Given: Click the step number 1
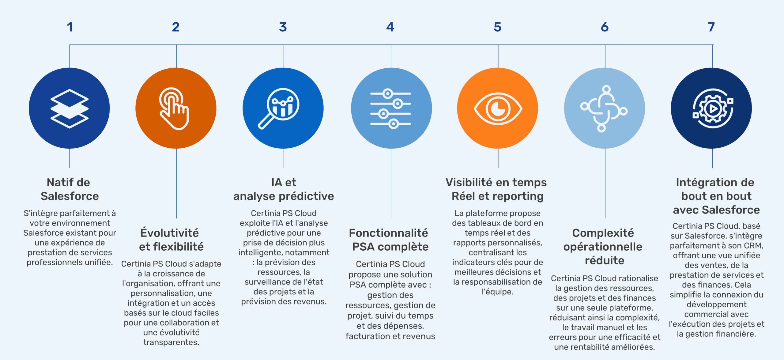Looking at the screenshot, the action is [x=70, y=27].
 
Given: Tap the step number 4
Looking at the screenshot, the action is [x=390, y=27].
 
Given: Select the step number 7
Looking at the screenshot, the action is [x=711, y=27].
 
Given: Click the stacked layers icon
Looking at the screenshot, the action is [x=70, y=108].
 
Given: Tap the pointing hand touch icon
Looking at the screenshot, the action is [x=174, y=109].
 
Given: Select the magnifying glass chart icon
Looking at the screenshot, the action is [x=279, y=108].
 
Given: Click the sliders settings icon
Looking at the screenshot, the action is [x=391, y=108].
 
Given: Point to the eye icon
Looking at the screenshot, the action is [x=498, y=108].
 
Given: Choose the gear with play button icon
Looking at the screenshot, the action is [x=713, y=108].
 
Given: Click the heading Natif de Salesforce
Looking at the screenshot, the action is [x=69, y=189].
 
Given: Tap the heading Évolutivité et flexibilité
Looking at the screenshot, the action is [x=171, y=240].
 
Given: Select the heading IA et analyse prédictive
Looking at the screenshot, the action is [x=284, y=189].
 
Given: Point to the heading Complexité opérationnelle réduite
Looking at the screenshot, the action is [x=603, y=246].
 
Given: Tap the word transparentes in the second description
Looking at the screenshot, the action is [x=171, y=342].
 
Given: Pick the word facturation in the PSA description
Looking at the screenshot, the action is [x=364, y=336].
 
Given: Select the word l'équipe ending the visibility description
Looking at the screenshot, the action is [x=497, y=292].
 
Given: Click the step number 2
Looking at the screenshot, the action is [x=176, y=27].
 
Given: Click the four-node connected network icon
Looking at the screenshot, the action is [x=604, y=109].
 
